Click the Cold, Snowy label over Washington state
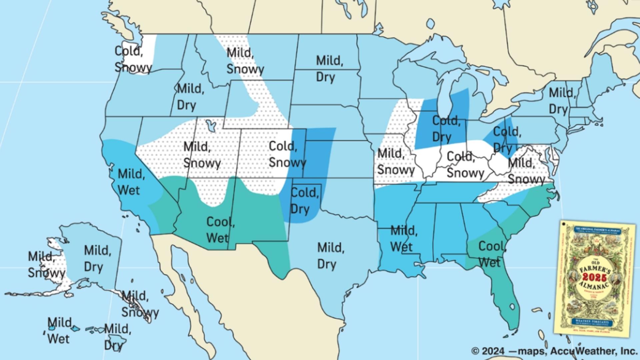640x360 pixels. click(x=133, y=59)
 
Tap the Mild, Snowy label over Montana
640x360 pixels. click(x=245, y=61)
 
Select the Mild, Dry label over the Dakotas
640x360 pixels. click(x=329, y=69)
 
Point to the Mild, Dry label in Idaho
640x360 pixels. click(x=190, y=97)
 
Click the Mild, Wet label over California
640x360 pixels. click(x=131, y=182)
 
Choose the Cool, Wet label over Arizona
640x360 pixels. click(x=220, y=230)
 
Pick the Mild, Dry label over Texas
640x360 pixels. click(x=331, y=256)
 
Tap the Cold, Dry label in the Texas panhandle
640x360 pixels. click(x=304, y=201)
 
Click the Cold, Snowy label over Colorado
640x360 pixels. click(x=287, y=154)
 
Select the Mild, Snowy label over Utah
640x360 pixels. click(x=201, y=155)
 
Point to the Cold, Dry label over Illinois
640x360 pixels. click(x=446, y=129)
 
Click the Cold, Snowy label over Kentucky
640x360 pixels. click(x=465, y=165)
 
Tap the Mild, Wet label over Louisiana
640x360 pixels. click(x=403, y=239)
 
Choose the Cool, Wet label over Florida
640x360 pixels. click(x=492, y=255)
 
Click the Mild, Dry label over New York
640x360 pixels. click(x=562, y=101)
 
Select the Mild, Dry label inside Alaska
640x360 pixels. click(x=97, y=259)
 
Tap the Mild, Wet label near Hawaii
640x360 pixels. click(x=59, y=331)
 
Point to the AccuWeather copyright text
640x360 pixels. click(x=554, y=351)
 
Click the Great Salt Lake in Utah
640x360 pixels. click(x=210, y=126)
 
